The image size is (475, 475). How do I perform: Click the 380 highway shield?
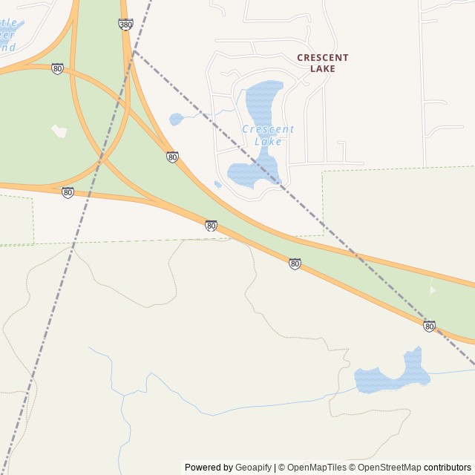coord(125,24)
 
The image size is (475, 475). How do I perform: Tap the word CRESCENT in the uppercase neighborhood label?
coord(322,58)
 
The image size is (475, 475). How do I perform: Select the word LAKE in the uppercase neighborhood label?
coord(323,69)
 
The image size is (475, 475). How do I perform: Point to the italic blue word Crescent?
coord(268,129)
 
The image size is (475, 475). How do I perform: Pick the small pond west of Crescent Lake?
coord(176,119)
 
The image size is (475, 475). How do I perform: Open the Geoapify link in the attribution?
coord(253,468)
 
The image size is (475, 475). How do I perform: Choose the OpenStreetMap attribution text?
coord(389,468)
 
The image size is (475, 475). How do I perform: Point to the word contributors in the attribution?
coord(448,468)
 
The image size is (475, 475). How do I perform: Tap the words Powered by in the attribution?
coord(209,468)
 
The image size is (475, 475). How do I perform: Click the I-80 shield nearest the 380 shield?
coord(57,68)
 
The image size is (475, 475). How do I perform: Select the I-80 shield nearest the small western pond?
coord(172,157)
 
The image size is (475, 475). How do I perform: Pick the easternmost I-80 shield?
coord(429,326)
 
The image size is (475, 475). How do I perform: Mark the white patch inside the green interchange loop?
coord(59,131)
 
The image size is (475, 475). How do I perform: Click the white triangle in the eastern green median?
coord(433,289)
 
